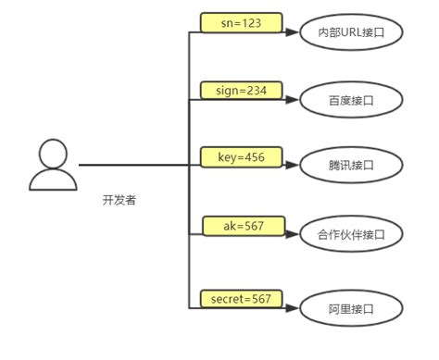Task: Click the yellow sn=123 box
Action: tap(241, 22)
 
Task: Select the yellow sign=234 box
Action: tap(241, 91)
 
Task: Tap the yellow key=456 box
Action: tap(241, 158)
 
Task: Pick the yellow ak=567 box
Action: tap(241, 227)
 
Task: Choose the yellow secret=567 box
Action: tap(241, 298)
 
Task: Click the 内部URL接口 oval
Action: tap(351, 32)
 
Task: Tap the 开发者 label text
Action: tap(119, 200)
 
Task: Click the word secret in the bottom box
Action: tap(227, 298)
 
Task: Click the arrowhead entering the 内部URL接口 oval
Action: tap(294, 32)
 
